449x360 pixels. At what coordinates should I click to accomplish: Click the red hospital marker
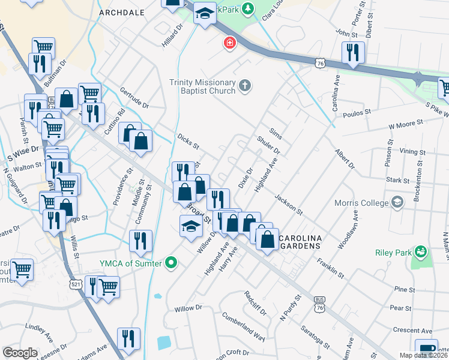[x=229, y=43]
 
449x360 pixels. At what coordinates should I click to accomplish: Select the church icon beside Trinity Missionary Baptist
[x=244, y=86]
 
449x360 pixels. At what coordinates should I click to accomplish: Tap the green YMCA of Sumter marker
[x=172, y=262]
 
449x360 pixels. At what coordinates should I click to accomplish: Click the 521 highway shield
[x=75, y=283]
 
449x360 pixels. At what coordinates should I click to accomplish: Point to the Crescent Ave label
[x=412, y=331]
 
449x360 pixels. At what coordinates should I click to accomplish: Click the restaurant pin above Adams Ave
[x=128, y=338]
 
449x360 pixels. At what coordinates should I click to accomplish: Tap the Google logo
[x=20, y=353]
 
